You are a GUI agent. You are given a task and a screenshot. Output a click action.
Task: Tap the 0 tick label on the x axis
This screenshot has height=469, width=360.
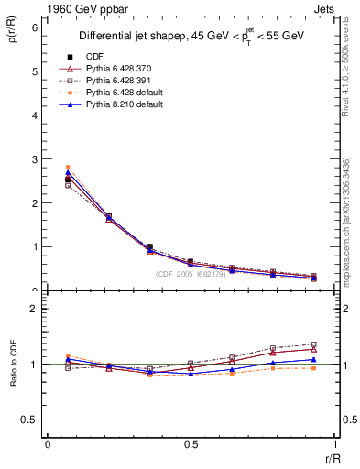(47, 444)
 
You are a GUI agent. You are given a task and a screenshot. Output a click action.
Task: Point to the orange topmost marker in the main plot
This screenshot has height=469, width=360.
(67, 168)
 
